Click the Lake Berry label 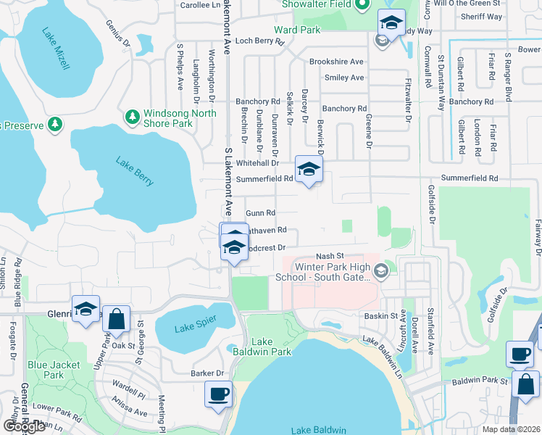click(135, 171)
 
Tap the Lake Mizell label click(56, 49)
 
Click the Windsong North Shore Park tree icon click(132, 117)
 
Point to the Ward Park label click(297, 30)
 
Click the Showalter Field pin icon click(363, 5)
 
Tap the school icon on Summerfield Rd click(309, 170)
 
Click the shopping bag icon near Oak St click(116, 318)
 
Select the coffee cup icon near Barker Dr click(218, 394)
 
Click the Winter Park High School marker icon click(382, 271)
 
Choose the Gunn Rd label click(261, 213)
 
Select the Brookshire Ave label click(336, 62)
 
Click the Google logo click(24, 426)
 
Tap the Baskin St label click(381, 316)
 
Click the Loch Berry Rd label click(260, 41)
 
